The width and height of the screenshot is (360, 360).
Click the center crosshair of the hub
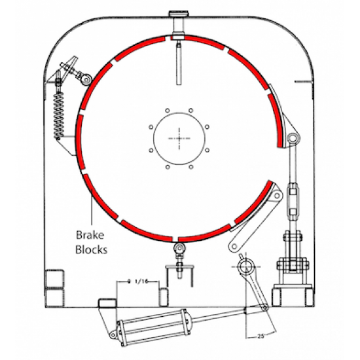click(179, 137)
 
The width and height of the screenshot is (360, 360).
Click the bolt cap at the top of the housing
click(179, 16)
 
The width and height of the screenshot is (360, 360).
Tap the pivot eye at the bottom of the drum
click(179, 248)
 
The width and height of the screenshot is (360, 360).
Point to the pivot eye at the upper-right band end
click(293, 138)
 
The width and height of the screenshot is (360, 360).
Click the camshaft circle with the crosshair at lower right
click(247, 267)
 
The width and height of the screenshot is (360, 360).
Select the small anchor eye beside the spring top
click(84, 79)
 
